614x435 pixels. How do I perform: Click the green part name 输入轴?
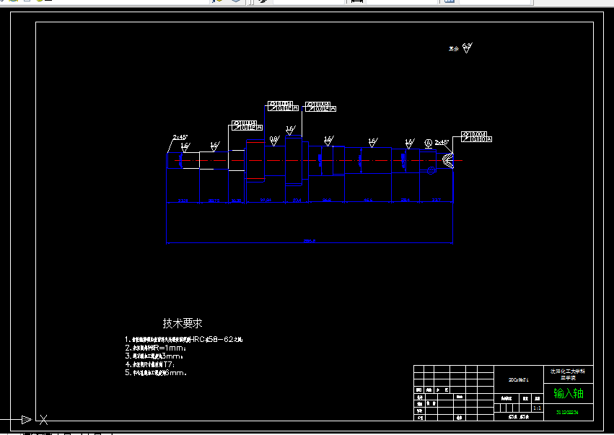(x=568, y=393)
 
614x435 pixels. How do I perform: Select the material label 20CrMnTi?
(x=519, y=379)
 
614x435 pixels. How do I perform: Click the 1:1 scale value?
(x=537, y=408)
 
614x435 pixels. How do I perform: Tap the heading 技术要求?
(x=183, y=324)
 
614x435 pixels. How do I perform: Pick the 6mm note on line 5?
(x=175, y=373)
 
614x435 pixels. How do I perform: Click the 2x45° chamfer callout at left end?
(x=180, y=137)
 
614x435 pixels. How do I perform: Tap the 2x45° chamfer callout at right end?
(x=442, y=142)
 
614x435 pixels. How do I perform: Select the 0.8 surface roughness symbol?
(x=273, y=139)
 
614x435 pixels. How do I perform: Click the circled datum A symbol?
(x=428, y=143)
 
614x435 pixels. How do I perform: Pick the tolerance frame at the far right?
(x=474, y=137)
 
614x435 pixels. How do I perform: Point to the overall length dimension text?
(x=310, y=240)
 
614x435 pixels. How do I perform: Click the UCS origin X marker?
(x=43, y=419)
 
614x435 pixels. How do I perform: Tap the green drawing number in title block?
(x=568, y=413)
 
